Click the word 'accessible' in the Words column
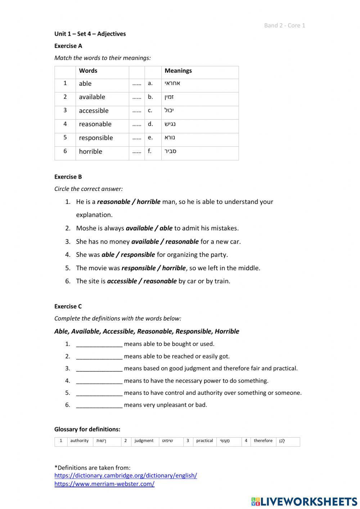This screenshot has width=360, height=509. click(94, 111)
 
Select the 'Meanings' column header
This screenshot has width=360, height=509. click(178, 71)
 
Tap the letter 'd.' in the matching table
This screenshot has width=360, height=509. click(150, 124)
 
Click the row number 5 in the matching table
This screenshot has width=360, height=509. click(65, 137)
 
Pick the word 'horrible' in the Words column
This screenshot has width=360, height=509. click(90, 151)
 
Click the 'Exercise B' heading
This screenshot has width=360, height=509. click(68, 177)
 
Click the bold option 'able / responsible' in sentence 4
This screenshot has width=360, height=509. click(128, 255)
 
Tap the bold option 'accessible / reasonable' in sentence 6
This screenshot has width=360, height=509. click(142, 281)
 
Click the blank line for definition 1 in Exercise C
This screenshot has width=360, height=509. click(99, 344)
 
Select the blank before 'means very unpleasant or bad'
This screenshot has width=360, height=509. click(99, 405)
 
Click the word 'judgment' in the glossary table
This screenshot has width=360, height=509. click(144, 441)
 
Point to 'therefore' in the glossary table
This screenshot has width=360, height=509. click(263, 441)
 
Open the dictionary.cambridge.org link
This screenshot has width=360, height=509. click(126, 475)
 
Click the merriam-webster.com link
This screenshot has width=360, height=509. click(104, 484)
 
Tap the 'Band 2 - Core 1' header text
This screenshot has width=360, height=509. click(284, 25)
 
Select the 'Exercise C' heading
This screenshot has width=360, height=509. click(68, 306)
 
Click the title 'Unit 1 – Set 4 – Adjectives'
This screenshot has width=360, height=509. click(90, 34)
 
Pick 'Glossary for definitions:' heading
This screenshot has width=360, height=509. click(87, 429)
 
